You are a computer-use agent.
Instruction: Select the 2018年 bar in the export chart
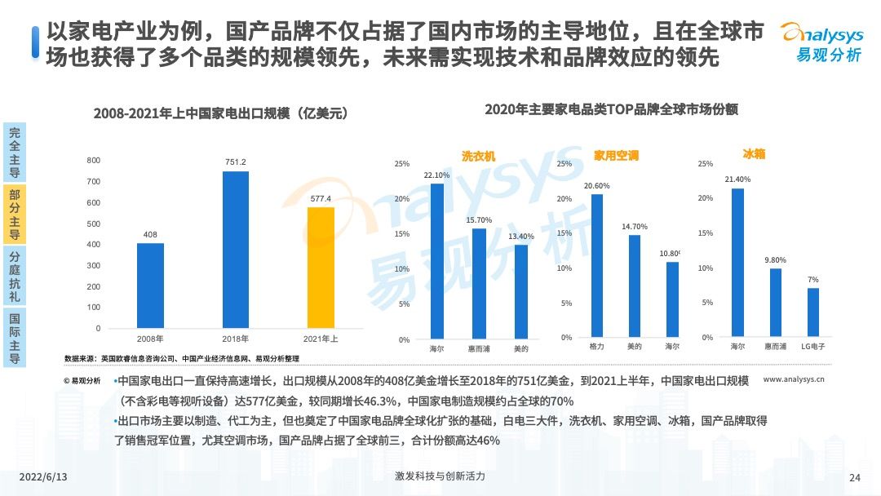[236, 250]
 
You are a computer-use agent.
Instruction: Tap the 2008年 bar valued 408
[150, 286]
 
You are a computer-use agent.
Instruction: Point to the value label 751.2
[236, 162]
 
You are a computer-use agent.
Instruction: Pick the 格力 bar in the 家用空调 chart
[597, 265]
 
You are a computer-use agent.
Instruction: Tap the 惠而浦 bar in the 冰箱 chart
[776, 303]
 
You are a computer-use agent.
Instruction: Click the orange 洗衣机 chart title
[478, 156]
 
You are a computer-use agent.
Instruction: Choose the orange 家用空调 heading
[616, 155]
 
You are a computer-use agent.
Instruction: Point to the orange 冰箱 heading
[754, 153]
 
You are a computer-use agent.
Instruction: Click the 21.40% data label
[737, 179]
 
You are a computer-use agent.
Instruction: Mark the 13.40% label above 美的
[521, 237]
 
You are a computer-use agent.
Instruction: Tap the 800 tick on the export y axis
[94, 161]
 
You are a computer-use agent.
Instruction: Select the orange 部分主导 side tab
[14, 214]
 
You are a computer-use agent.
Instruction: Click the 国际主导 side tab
[14, 337]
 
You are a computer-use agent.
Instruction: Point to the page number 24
[855, 477]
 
